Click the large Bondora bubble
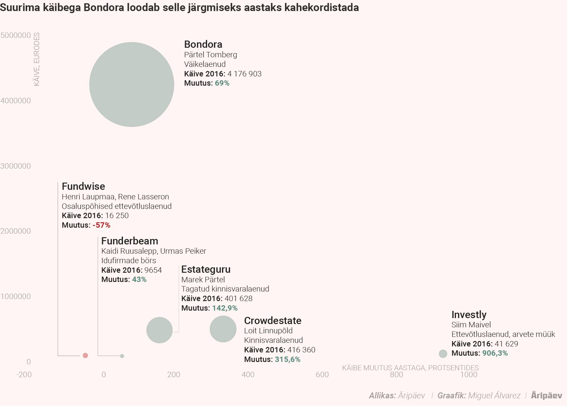coord(132,84)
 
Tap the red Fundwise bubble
coord(85,356)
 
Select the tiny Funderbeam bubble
coord(122,356)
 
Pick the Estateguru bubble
coord(159,330)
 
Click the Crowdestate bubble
coord(223,329)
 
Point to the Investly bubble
coord(443,354)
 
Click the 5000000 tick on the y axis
coord(16,35)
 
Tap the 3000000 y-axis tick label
coord(16,166)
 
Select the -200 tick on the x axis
coord(24,375)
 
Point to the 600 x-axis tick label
coord(322,375)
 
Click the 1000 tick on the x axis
coord(469,375)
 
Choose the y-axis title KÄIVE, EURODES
coord(37,59)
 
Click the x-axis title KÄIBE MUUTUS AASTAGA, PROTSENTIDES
coord(410,368)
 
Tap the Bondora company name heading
coord(203,44)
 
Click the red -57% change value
coord(101,225)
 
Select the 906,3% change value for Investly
coord(495,353)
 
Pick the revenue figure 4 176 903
coord(244,74)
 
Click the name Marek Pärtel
coord(203,280)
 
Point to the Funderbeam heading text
coord(130,241)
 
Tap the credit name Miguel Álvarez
coord(494,396)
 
